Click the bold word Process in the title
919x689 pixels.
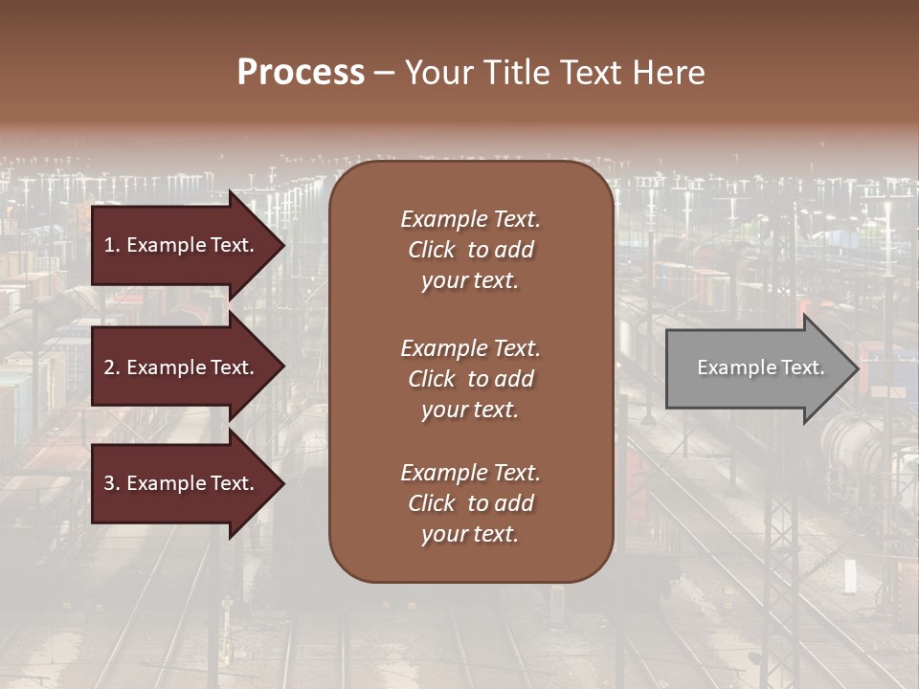301,73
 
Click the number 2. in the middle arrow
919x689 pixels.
112,367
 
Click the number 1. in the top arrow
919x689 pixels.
111,245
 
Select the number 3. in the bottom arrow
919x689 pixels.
112,483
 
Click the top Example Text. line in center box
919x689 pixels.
470,219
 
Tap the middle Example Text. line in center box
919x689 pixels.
470,348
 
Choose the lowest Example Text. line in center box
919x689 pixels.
470,473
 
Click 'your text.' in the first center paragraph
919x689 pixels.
469,281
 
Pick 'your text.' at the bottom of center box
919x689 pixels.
469,535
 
